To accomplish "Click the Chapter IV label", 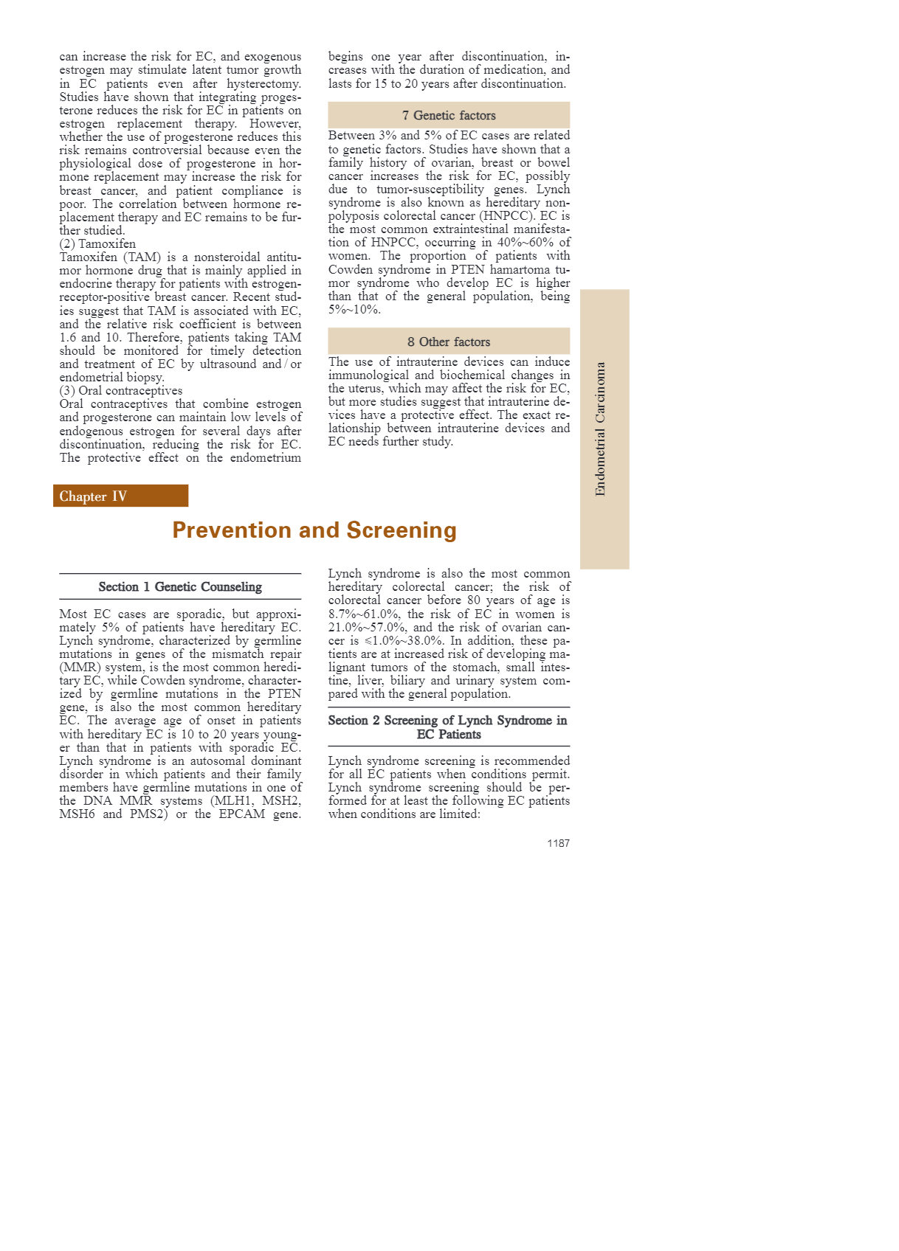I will [93, 496].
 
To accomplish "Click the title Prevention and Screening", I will [314, 530].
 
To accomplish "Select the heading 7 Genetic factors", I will [449, 116].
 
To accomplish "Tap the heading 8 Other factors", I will [449, 342].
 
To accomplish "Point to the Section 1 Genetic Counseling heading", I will [180, 587].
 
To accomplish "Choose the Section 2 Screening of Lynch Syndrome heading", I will [448, 727].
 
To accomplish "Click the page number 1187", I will [558, 843].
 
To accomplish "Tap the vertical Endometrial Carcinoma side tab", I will [601, 429].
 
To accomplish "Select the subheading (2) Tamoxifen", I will [97, 244].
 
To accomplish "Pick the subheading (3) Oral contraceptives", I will [121, 391].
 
